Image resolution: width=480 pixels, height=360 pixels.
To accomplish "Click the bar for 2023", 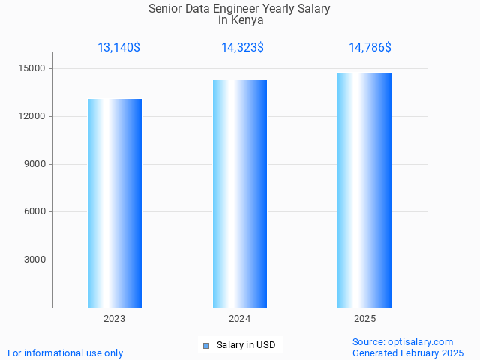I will tap(115, 203).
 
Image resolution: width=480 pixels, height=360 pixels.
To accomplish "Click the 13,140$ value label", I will tap(118, 48).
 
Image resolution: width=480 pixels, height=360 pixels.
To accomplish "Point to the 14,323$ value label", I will tap(242, 48).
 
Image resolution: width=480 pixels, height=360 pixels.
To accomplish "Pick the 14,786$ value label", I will tap(370, 48).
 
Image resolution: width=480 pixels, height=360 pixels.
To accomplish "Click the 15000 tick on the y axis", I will tap(31, 69).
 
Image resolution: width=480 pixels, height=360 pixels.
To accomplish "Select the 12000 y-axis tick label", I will tap(31, 117).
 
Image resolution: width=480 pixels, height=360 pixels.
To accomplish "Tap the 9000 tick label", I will tap(34, 164).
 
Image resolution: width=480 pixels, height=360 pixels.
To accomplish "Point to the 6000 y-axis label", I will tap(34, 212).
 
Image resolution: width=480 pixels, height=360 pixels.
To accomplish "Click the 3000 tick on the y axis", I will tap(34, 260).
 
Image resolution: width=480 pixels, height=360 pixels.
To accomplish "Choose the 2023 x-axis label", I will tap(115, 319).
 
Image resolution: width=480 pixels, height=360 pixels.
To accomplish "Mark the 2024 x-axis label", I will tap(240, 319).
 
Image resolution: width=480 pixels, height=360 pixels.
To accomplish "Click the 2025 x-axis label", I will tap(364, 319).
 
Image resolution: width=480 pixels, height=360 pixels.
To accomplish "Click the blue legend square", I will tap(206, 345).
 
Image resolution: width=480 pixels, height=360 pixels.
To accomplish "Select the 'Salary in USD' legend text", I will tap(246, 345).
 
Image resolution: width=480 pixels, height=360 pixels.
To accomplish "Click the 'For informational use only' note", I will tap(65, 352).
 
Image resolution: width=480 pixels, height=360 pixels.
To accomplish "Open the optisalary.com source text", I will tap(403, 342).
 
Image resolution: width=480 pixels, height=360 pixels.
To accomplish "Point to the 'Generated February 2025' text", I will tap(408, 352).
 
